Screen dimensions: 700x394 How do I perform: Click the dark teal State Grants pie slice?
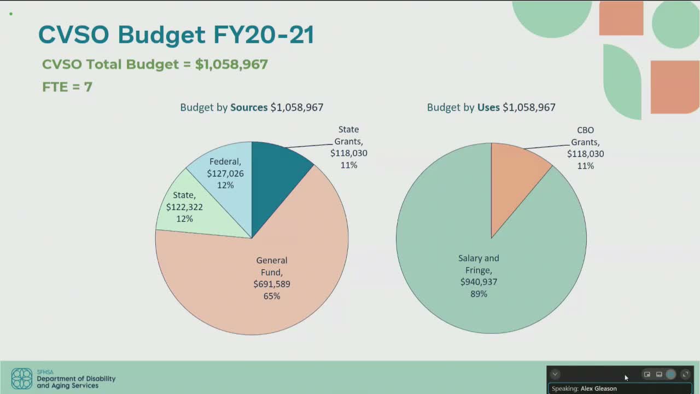point(275,178)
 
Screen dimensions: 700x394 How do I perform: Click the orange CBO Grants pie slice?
point(512,175)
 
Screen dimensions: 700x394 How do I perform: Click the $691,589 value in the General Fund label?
point(272,284)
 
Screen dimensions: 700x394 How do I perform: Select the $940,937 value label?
point(479,282)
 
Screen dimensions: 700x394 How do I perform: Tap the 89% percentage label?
point(479,294)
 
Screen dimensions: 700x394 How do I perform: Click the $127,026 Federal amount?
point(225,173)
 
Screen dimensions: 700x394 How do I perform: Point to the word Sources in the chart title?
point(249,107)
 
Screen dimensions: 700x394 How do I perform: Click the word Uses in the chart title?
point(488,107)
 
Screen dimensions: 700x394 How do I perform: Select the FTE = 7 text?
point(67,87)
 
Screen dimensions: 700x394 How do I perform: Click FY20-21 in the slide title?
point(264,34)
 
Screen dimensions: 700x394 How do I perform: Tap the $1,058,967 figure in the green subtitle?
point(231,65)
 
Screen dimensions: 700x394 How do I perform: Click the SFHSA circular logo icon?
point(22,379)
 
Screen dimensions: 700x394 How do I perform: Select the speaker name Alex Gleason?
point(599,389)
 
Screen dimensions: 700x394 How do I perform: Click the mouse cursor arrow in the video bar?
point(626,378)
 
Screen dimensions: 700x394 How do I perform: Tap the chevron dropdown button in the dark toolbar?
point(555,374)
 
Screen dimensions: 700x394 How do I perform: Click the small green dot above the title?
point(11,14)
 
